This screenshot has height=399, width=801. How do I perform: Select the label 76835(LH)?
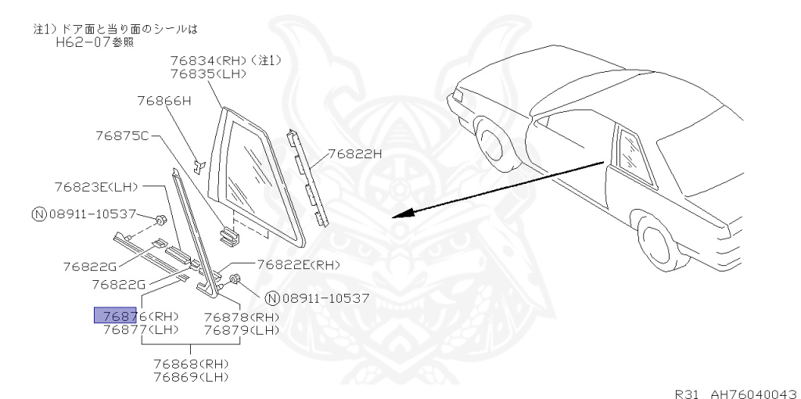(207, 74)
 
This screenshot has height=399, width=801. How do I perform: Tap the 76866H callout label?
(163, 100)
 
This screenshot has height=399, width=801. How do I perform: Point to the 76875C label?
(119, 136)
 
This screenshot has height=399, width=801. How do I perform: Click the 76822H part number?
(354, 154)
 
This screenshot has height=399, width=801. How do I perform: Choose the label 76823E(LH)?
(96, 187)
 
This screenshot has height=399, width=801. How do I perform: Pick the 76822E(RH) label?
(298, 266)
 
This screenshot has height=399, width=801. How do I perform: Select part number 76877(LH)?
(141, 329)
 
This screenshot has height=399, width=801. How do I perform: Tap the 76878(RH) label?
(241, 316)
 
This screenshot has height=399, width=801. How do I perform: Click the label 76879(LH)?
(241, 329)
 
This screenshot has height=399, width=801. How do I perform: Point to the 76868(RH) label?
(190, 365)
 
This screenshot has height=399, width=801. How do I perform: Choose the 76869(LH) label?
(190, 377)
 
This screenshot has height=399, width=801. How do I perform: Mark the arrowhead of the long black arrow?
(396, 216)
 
